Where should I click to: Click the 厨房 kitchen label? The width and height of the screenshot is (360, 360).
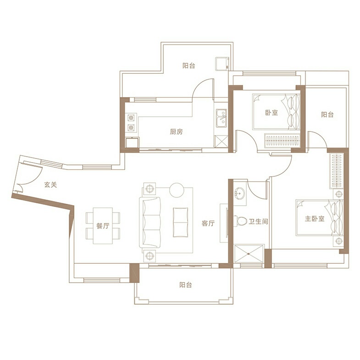coord(176,132)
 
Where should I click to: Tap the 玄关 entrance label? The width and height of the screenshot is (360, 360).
coord(50,185)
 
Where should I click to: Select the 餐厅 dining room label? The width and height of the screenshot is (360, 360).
coord(103,226)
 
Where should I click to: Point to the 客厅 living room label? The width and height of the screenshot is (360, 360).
coord(208,223)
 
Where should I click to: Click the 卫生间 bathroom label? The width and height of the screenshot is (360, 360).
coord(258,222)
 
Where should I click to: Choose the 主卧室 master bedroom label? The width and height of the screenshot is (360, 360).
coord(315,218)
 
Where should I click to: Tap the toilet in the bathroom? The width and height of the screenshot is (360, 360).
coord(241,221)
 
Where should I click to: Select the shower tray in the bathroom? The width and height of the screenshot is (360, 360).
coord(249,253)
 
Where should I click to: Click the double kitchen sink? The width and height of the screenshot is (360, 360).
coord(221,118)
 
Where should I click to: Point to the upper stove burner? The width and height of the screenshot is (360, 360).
coord(131,118)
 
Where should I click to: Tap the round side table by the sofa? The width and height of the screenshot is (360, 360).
coord(177,190)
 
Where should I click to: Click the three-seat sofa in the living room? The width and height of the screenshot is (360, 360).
coord(150,222)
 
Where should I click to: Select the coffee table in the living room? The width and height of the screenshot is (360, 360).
coord(181,222)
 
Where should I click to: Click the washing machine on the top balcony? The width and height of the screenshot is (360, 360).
coord(222,64)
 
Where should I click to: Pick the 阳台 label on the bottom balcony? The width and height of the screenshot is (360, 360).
coord(186,285)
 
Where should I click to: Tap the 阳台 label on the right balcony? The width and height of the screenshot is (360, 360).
coord(327,115)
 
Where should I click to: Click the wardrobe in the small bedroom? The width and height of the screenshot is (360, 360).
coord(282,140)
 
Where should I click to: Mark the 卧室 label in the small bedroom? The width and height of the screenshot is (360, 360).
coord(271,113)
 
